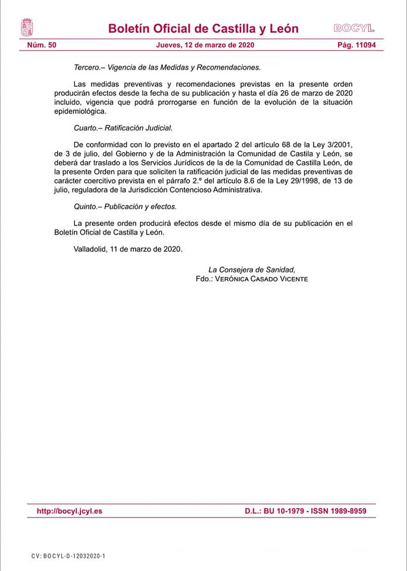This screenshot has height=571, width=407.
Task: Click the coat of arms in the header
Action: click(x=27, y=27)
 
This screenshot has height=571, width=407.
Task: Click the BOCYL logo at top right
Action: click(x=354, y=28)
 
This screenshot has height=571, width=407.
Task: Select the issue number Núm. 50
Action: click(x=42, y=45)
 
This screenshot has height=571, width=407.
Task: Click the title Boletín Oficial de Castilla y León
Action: click(x=203, y=29)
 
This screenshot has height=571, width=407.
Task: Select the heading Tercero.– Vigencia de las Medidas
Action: click(x=167, y=67)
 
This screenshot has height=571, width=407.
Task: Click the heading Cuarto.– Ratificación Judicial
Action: click(x=123, y=128)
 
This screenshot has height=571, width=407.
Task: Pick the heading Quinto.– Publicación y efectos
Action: click(x=125, y=206)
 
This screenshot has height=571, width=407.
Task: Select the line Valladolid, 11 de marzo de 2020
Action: click(x=128, y=249)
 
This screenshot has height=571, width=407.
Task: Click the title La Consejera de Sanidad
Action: click(x=252, y=269)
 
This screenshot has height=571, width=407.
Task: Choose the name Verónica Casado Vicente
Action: click(x=263, y=278)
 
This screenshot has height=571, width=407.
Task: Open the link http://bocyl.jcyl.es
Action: click(x=70, y=511)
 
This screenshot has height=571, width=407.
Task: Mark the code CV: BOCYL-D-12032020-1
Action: click(x=68, y=556)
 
